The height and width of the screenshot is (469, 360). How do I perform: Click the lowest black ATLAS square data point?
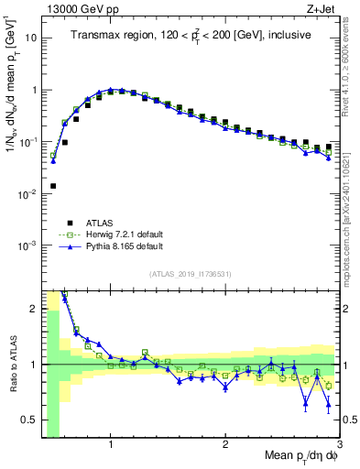pos(53,186)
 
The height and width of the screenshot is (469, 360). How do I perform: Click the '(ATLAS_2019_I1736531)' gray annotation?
pos(191,274)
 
